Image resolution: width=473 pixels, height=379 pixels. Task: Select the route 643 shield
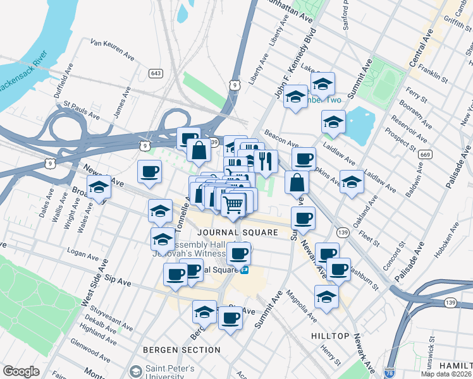coord(155,73)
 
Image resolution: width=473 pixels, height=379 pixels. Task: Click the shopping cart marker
coord(233,203)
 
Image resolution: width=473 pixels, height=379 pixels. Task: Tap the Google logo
coord(21,371)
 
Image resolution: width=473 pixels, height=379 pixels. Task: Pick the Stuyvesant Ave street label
coord(111,318)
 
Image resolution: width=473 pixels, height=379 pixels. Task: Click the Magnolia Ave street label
coord(300,301)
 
